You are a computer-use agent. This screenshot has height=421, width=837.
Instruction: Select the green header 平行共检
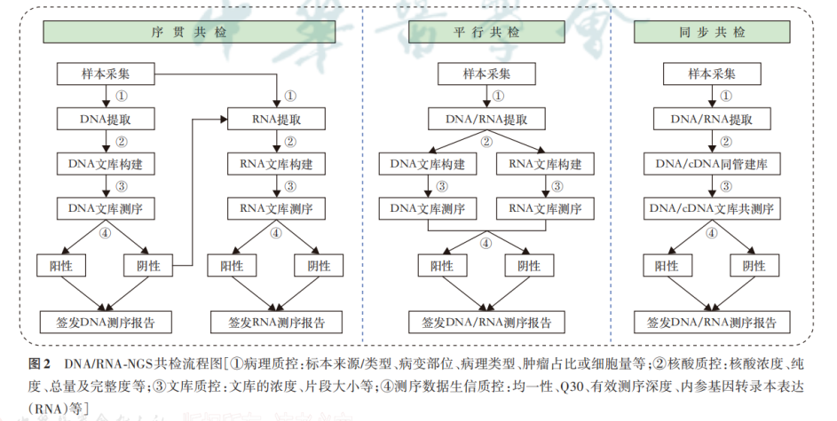click(486, 32)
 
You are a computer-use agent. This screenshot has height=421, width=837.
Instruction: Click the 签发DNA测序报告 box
click(106, 321)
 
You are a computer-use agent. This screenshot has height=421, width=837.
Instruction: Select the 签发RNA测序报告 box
click(276, 321)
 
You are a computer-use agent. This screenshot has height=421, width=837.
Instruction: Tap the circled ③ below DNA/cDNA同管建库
click(726, 187)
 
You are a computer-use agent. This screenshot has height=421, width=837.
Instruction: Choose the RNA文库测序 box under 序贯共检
click(276, 210)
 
